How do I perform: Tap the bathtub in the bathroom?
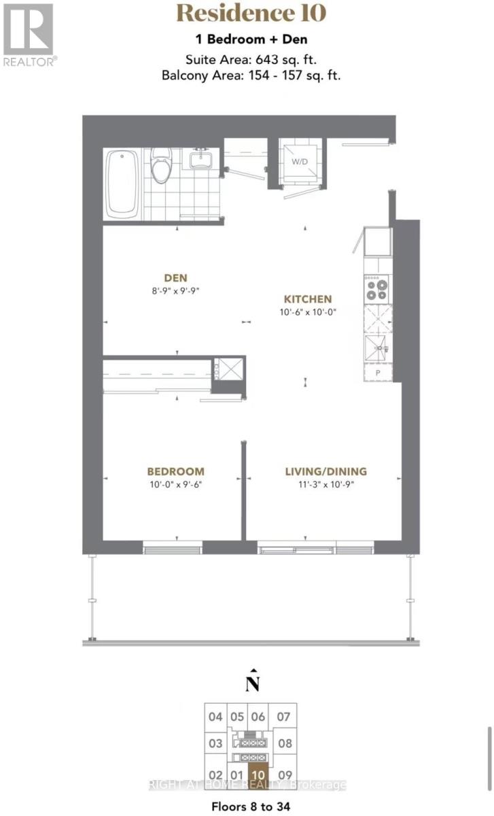pos(123,184)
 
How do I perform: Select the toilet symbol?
pos(161,167)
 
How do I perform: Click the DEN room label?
pos(175,277)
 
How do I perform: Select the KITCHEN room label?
pos(308,299)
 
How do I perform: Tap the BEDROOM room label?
pos(176,471)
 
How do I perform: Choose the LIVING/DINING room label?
pos(325,471)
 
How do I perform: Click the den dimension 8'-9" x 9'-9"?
pos(175,290)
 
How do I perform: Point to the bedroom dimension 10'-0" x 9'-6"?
pos(176,485)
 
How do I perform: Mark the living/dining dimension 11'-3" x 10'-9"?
pos(325,485)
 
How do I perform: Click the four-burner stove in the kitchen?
pos(378,290)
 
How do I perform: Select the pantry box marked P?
pos(377,373)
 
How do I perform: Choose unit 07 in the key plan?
pos(284,717)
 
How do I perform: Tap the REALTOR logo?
pos(29,34)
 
